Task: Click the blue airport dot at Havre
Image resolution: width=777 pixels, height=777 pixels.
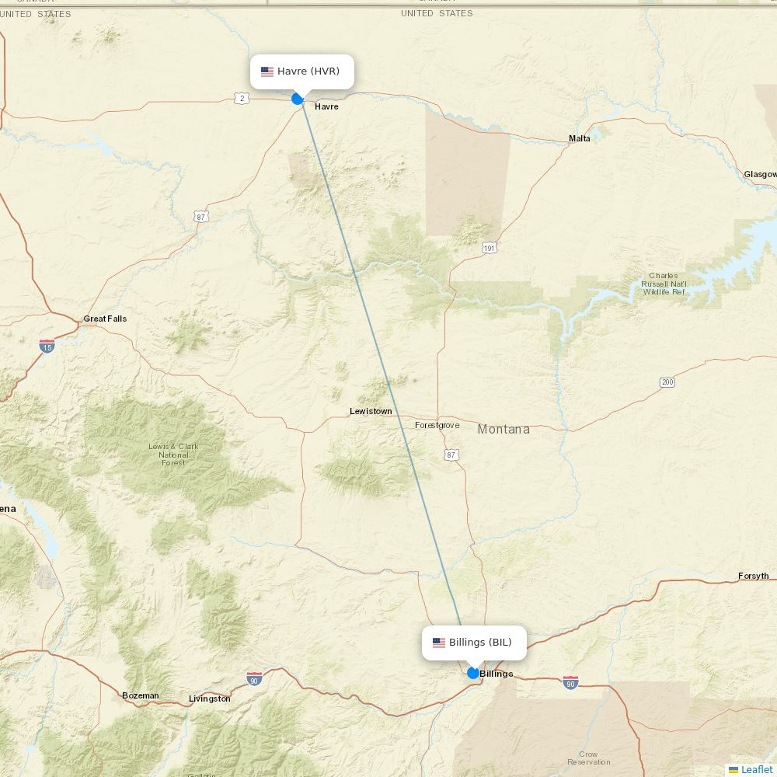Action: [297, 99]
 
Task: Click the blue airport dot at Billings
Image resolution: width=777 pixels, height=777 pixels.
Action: [473, 673]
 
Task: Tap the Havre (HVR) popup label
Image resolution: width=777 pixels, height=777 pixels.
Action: [308, 71]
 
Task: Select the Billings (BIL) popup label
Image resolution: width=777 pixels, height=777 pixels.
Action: [480, 643]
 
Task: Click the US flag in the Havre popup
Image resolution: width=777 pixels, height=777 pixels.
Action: [267, 71]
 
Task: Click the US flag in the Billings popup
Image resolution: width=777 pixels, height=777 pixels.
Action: [439, 643]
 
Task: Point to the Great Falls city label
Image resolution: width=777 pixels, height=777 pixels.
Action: [105, 319]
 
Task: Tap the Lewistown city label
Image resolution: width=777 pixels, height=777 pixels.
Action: [371, 411]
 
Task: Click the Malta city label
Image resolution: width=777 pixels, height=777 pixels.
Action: [580, 138]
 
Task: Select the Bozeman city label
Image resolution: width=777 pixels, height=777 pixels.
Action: [141, 695]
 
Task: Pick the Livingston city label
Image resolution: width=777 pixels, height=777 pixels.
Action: [210, 699]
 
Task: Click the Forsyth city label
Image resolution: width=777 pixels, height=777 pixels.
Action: [753, 576]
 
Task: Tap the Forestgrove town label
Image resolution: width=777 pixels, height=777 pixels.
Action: [437, 425]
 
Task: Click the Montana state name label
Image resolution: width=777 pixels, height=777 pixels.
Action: [503, 429]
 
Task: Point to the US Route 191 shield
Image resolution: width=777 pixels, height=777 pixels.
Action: [489, 248]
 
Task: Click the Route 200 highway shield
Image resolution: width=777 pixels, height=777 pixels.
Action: [667, 382]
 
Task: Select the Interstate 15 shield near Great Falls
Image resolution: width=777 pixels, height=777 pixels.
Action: [47, 347]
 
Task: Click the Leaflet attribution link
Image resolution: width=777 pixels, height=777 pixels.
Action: [756, 769]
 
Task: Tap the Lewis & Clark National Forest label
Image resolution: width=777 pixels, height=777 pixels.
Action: [173, 455]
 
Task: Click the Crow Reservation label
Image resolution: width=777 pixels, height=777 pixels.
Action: [588, 758]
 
